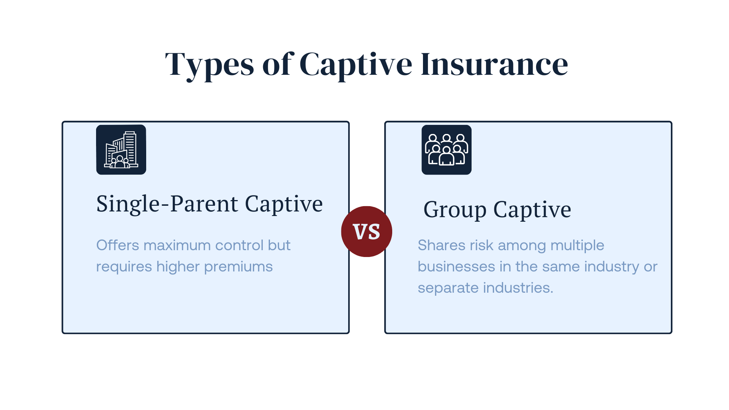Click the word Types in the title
(209, 65)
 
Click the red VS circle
(366, 232)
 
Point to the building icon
(121, 150)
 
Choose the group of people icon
(447, 150)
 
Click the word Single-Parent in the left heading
(167, 204)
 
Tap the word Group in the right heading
(455, 210)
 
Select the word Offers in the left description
(118, 245)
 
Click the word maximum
(177, 245)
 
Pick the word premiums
(238, 267)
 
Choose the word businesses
(456, 266)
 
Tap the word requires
(124, 267)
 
